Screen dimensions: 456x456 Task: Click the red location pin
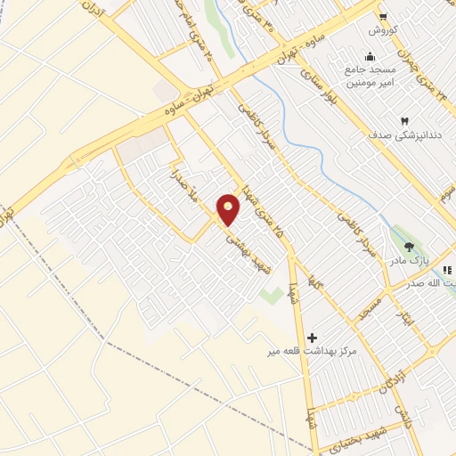coord(229,210)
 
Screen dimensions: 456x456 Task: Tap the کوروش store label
coord(383,30)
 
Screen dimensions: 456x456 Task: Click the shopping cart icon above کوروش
coord(383,16)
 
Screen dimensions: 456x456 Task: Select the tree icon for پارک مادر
coord(410,247)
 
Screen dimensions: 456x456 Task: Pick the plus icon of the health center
coord(312,338)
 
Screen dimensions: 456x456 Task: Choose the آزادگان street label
coord(384,380)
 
